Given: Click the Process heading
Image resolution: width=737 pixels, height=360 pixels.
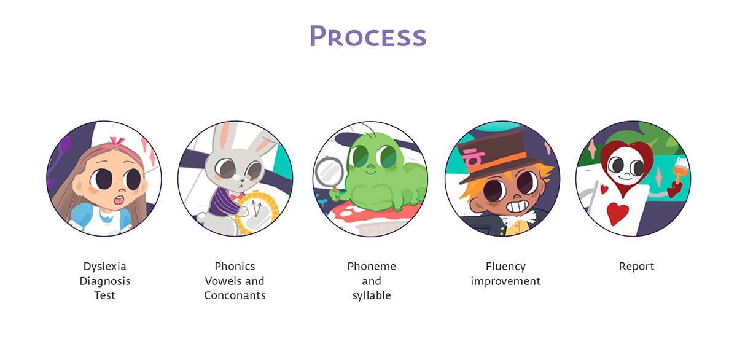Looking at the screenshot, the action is pos(368,36).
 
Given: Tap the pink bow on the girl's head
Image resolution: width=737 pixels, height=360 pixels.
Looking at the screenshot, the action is pos(117,141).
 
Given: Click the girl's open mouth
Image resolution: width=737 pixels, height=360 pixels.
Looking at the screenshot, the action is pos(119,200).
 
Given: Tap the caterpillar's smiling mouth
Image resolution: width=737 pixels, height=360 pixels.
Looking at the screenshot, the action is pos(371,171).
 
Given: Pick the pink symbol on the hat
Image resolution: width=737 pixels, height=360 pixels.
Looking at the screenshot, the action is pos(473,157).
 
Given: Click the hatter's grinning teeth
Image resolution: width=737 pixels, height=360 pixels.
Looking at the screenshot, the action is pos(518,206).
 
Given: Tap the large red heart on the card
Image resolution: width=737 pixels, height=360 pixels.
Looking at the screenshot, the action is pos(617,213).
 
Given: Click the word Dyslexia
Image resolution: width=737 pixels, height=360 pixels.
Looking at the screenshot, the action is pos(104,267).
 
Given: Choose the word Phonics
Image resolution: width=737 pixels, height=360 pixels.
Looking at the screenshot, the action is pos(235,266).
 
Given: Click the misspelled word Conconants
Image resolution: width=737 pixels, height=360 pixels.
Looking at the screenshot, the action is pos(235,295).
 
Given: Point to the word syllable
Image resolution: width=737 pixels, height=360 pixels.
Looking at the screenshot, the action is pos(372,295).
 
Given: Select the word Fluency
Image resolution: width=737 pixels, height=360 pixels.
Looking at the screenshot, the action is pos(505,267).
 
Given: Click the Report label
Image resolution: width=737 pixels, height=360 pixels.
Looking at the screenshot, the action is pos(636,267).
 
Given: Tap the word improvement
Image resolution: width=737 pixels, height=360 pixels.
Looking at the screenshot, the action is pos(505,281).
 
